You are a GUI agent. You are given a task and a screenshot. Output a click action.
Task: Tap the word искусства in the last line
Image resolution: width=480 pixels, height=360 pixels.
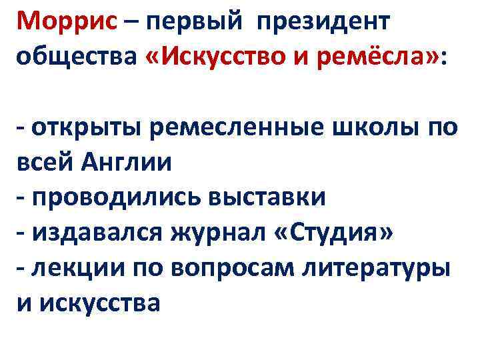click(x=101, y=303)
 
